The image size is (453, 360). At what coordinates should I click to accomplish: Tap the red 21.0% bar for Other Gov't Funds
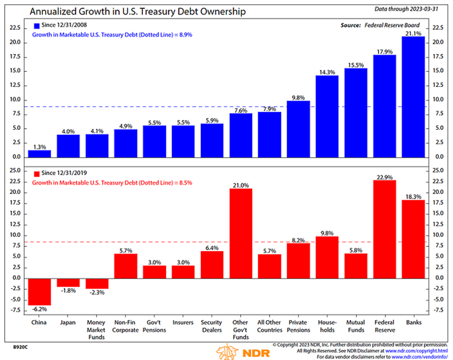tap(241, 233)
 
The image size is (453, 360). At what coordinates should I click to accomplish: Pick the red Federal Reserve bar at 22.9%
tap(385, 229)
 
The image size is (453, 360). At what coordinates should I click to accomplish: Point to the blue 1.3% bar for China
tap(39, 154)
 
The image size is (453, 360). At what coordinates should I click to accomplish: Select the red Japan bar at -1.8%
tap(68, 282)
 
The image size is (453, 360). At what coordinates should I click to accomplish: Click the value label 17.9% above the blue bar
tap(385, 51)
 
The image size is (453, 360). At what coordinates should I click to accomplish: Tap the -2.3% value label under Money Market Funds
tap(97, 292)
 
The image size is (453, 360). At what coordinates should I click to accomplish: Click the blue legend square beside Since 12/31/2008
tap(36, 25)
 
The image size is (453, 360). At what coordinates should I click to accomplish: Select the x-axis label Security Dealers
tap(212, 326)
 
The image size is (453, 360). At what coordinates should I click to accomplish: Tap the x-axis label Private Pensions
tap(299, 326)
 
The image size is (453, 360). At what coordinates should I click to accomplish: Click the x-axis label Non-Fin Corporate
tap(126, 326)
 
